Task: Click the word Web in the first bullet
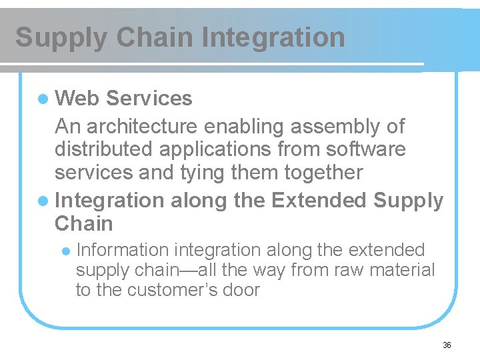77,99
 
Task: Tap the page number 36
447,345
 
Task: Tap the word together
323,173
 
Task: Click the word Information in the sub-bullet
123,250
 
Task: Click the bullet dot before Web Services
43,99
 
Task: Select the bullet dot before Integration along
43,201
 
